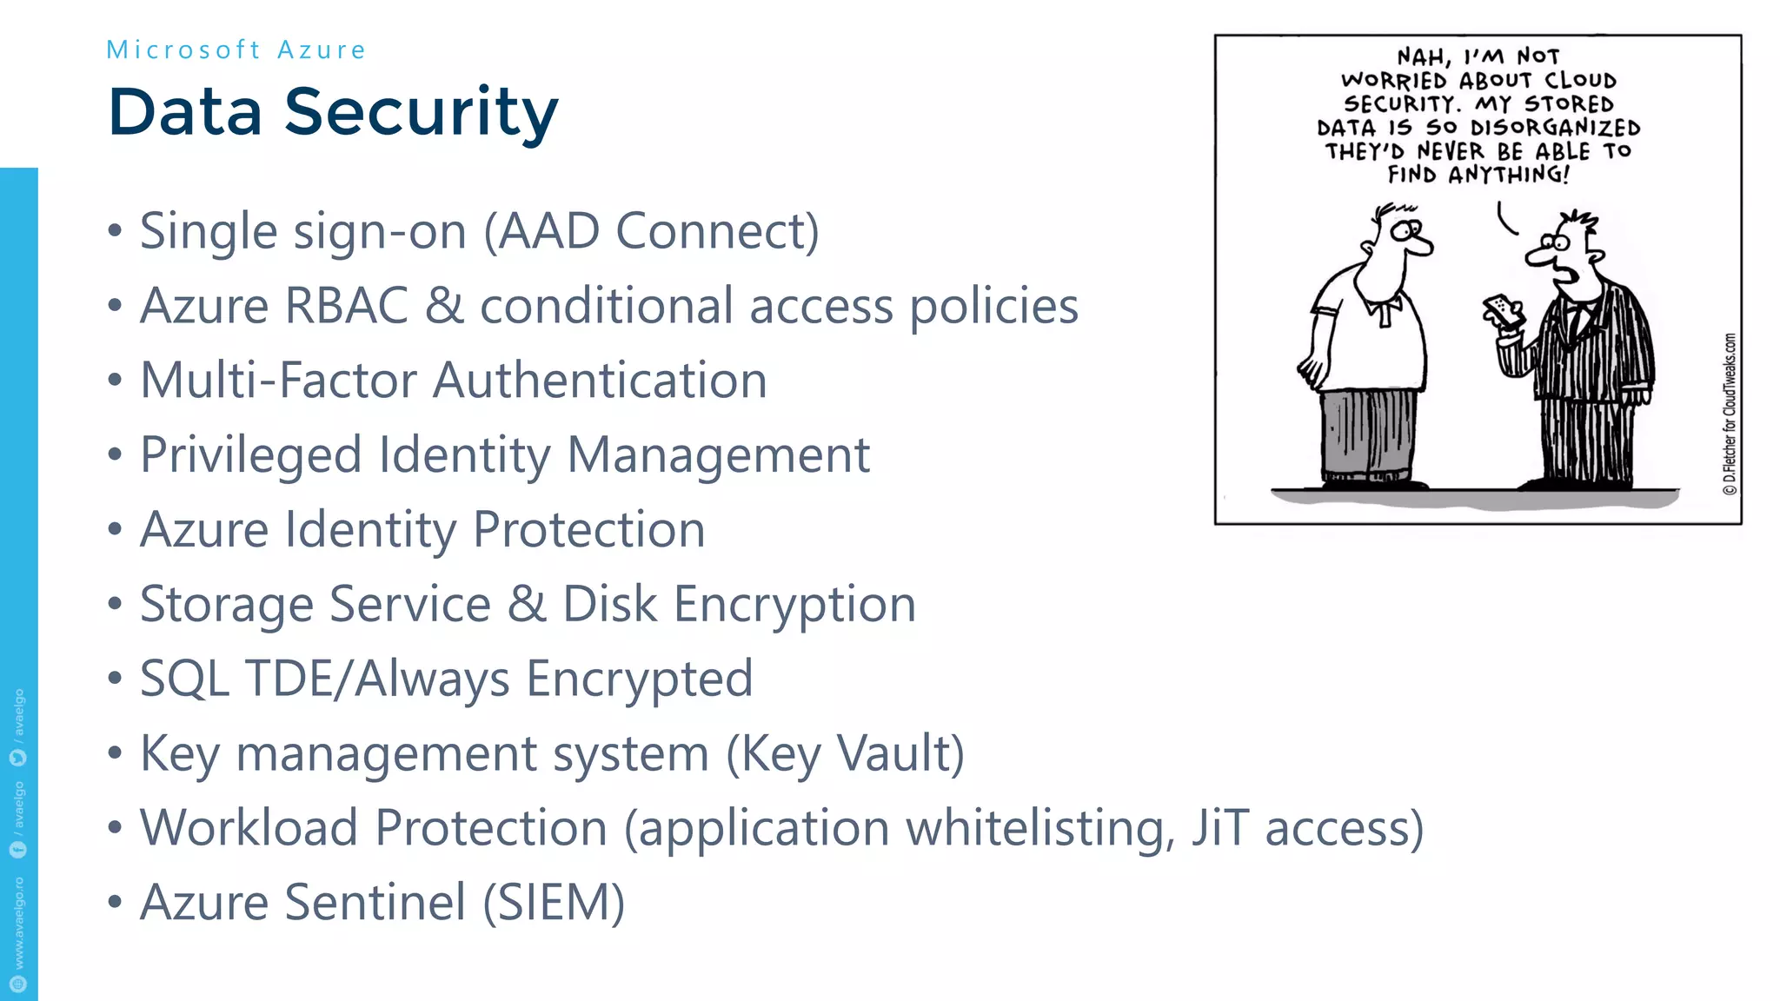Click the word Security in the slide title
pos(421,113)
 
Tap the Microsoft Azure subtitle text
pos(236,50)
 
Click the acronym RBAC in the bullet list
pos(346,306)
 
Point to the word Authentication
pos(600,381)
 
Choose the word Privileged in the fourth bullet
pos(250,455)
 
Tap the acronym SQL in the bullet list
pos(184,679)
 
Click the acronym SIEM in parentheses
pos(554,903)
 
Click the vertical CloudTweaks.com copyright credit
pos(1730,414)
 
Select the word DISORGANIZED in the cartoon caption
pos(1555,128)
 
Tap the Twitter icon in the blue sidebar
pos(18,758)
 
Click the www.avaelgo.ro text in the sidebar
pos(18,922)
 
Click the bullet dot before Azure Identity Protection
pos(115,530)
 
